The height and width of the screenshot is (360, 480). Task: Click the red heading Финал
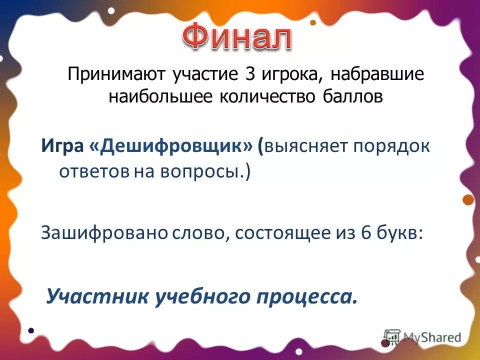tap(236, 37)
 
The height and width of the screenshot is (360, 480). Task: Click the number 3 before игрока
tap(249, 75)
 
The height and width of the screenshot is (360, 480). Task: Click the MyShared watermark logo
tap(423, 336)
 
